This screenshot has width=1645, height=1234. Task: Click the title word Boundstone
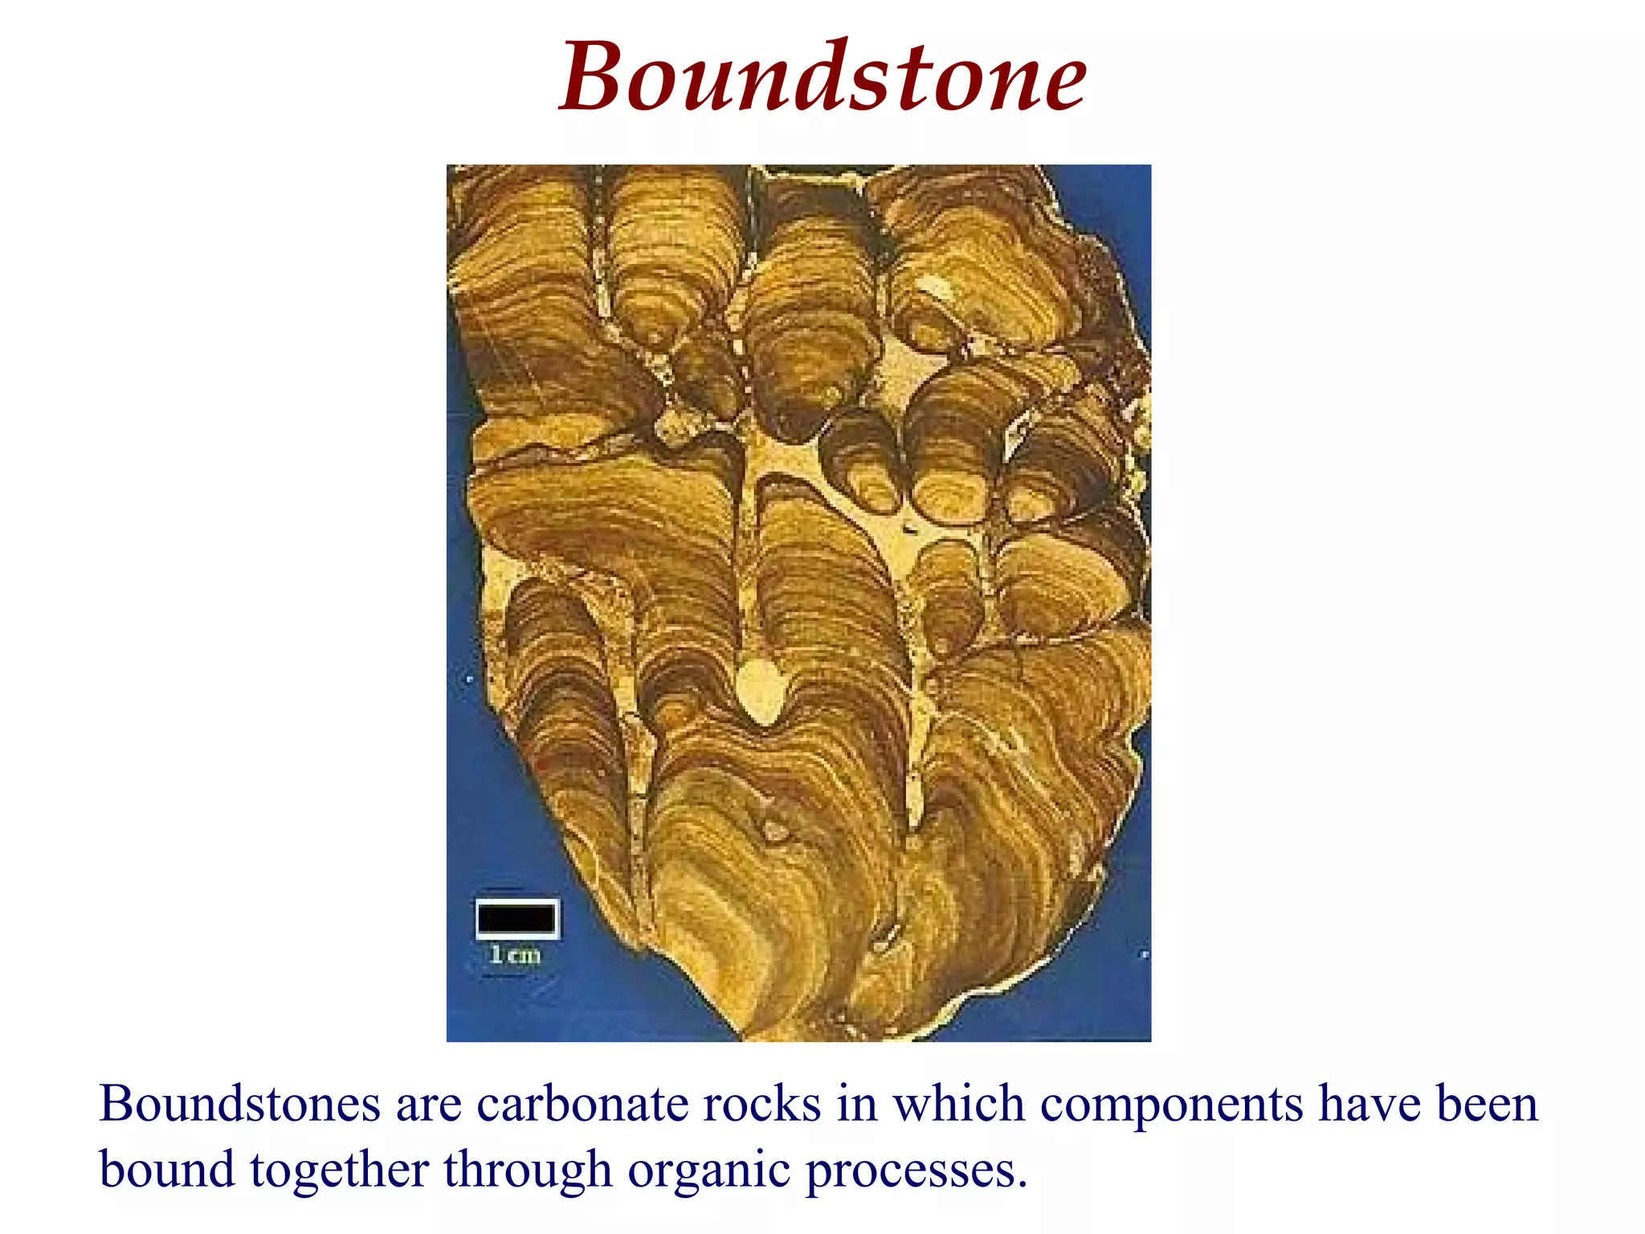(x=822, y=77)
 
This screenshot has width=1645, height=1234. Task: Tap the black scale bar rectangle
(x=516, y=917)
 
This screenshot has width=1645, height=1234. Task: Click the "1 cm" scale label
(x=515, y=955)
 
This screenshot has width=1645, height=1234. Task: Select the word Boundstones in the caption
(x=239, y=1104)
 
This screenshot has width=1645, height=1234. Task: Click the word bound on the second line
(x=166, y=1170)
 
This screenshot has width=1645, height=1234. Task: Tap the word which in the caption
(x=958, y=1104)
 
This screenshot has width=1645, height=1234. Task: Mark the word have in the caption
(x=1369, y=1104)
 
